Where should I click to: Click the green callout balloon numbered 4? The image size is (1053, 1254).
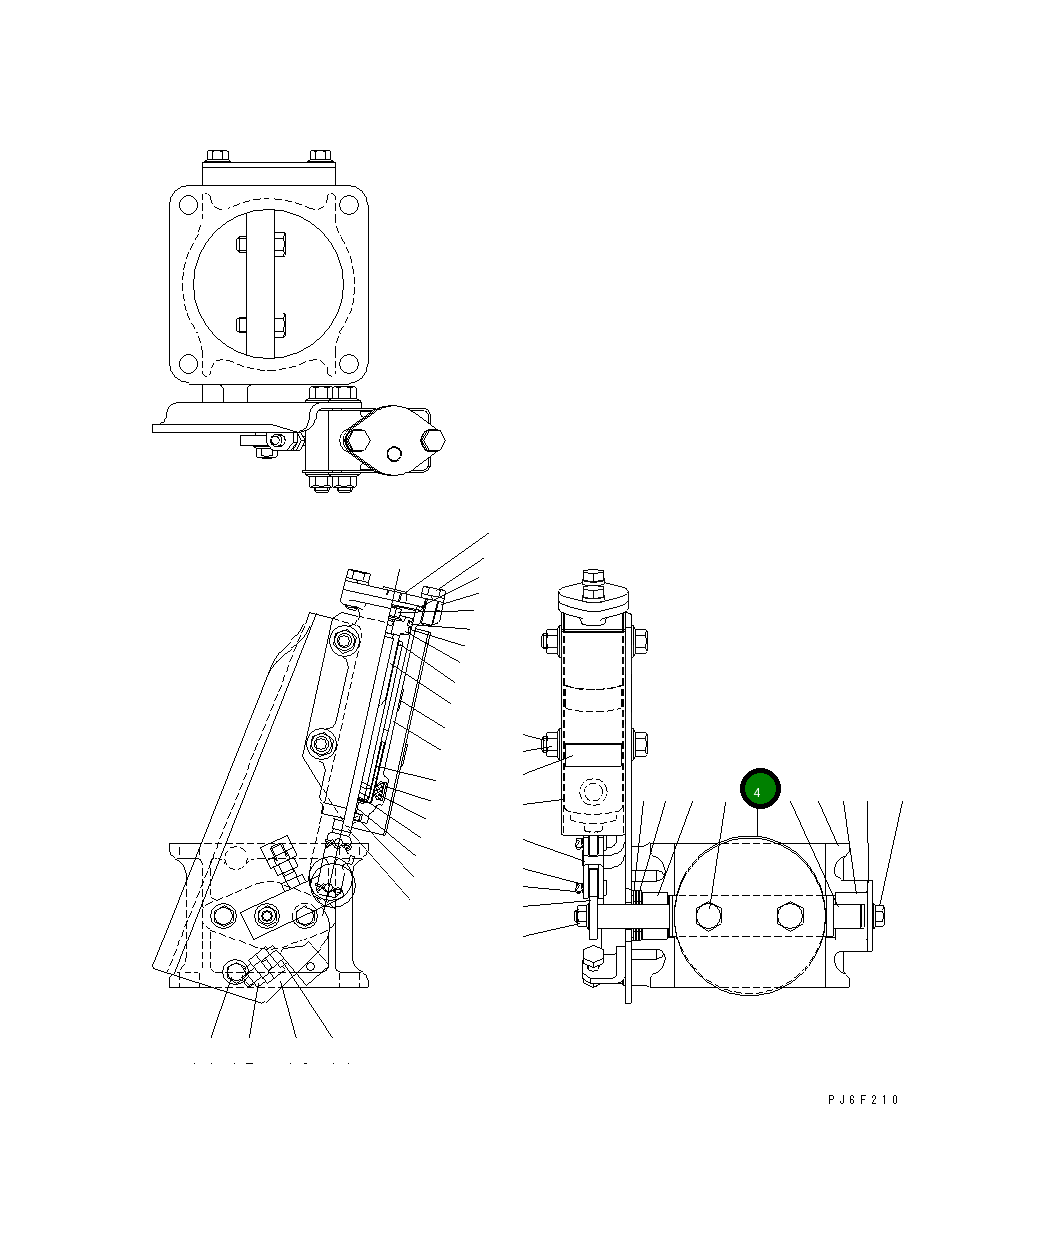click(x=758, y=791)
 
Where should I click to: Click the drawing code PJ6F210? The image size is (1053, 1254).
click(x=864, y=1099)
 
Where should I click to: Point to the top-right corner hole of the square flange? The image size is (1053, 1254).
click(x=349, y=204)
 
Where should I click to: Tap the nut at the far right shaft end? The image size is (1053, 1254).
click(x=879, y=914)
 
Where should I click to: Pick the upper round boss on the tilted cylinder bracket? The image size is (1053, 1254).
click(x=345, y=639)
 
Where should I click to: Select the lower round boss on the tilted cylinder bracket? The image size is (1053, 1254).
click(x=322, y=743)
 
